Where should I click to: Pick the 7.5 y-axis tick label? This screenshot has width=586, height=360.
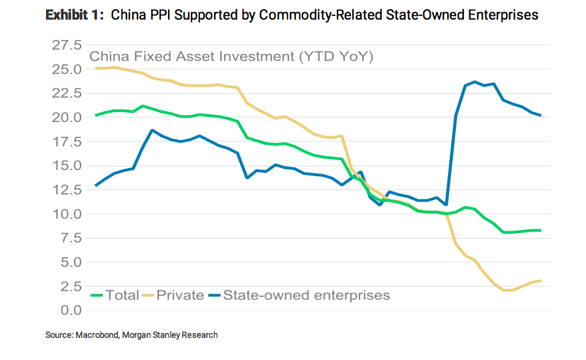click(x=69, y=238)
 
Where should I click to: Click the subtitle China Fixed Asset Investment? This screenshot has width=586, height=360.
click(x=192, y=57)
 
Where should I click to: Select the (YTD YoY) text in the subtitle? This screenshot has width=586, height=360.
click(x=336, y=57)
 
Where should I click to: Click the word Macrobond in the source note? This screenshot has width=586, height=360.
click(x=97, y=335)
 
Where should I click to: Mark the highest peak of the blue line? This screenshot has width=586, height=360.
click(x=474, y=82)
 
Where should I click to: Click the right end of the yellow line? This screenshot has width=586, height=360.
click(x=541, y=281)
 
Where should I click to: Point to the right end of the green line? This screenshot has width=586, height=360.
click(x=541, y=231)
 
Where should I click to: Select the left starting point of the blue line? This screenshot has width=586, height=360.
click(x=96, y=185)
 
